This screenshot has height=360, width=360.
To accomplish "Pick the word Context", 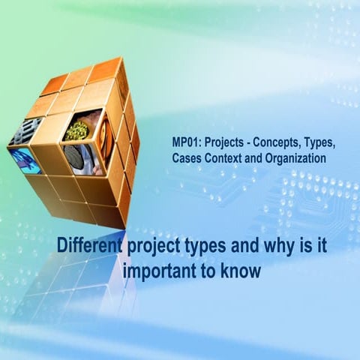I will click(x=227, y=158).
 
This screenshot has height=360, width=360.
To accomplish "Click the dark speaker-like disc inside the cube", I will click(x=73, y=156).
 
